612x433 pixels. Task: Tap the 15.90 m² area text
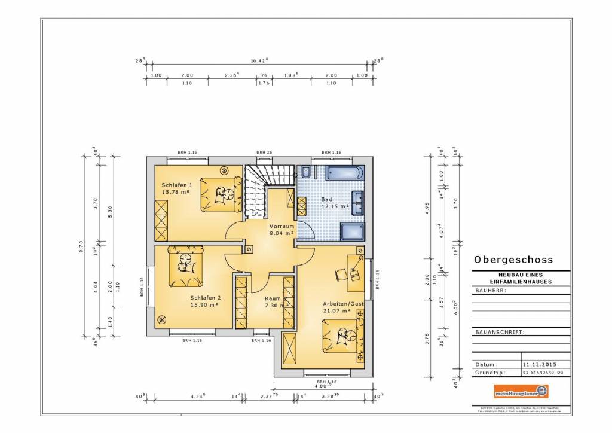(204, 305)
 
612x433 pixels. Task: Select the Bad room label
(326, 199)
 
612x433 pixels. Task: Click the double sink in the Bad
(359, 202)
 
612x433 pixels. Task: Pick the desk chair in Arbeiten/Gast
(340, 272)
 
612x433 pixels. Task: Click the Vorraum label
(281, 227)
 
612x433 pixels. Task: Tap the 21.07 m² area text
(335, 310)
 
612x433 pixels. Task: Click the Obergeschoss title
(513, 260)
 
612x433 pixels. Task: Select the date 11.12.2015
(535, 364)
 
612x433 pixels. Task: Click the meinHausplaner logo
(521, 392)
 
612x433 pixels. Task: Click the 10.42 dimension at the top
(259, 60)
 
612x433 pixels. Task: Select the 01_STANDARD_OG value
(543, 372)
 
